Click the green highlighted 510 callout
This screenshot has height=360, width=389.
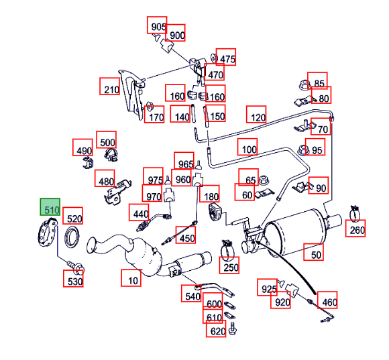click(x=50, y=206)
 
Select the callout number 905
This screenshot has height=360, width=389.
click(x=157, y=25)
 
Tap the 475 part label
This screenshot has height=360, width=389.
click(x=226, y=57)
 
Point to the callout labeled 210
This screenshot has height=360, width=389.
click(x=109, y=86)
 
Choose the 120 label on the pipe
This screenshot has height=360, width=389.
click(x=256, y=114)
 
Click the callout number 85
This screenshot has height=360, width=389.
click(x=317, y=81)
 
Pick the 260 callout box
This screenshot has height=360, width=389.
click(x=355, y=228)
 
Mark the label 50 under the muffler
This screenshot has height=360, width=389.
click(x=314, y=252)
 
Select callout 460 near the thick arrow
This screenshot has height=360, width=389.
click(x=327, y=300)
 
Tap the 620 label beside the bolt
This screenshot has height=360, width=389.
click(x=216, y=328)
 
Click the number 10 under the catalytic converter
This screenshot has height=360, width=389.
click(x=131, y=278)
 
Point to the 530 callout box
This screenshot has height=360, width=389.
click(x=73, y=279)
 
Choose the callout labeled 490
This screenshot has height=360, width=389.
click(x=82, y=147)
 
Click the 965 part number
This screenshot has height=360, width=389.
click(x=184, y=161)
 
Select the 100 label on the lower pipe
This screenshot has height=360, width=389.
click(x=247, y=147)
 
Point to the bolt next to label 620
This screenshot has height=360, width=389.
click(x=233, y=328)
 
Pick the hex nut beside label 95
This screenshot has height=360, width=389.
click(x=303, y=150)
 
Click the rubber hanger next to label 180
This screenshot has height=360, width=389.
click(x=213, y=212)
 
